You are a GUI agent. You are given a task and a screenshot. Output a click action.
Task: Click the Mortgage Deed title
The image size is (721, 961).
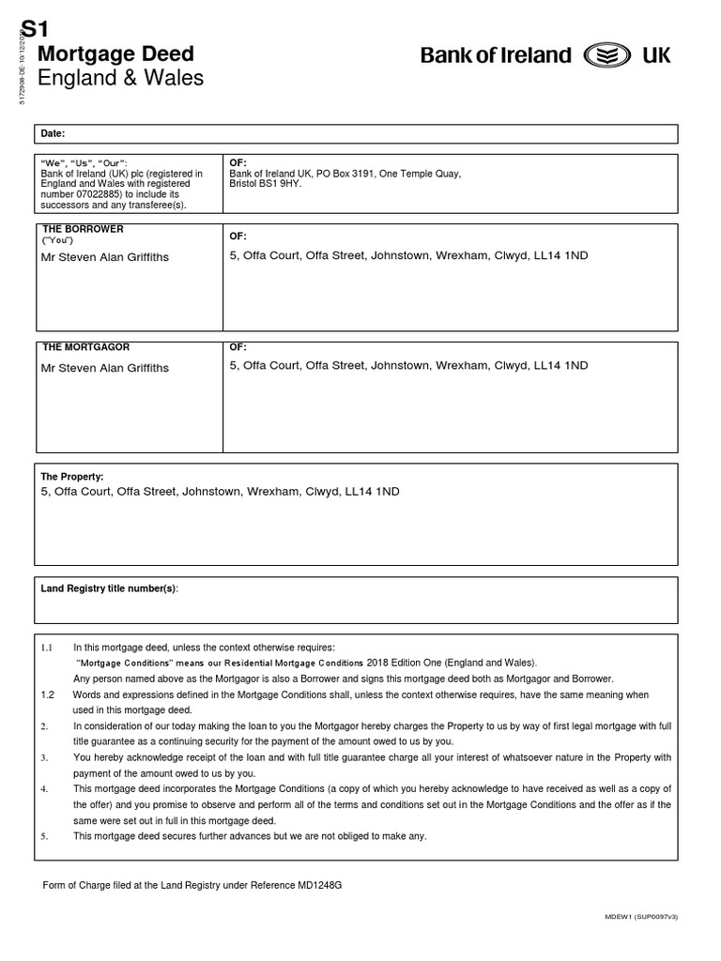tap(115, 53)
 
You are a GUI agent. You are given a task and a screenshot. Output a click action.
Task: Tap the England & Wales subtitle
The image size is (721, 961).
tap(120, 78)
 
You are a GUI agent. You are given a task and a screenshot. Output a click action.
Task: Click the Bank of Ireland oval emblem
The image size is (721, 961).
tap(606, 55)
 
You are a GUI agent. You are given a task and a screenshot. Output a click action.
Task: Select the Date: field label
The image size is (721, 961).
tap(53, 134)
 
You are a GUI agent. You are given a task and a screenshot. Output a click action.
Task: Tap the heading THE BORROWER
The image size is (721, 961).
tap(82, 229)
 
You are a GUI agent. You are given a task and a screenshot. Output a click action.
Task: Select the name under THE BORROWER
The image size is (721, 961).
tap(105, 257)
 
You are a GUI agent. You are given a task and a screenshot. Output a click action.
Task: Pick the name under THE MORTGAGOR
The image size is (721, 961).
tap(105, 368)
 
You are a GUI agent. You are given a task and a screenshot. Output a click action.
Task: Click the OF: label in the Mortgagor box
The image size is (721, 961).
tap(238, 347)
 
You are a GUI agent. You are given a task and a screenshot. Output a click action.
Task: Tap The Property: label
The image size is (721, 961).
tap(72, 477)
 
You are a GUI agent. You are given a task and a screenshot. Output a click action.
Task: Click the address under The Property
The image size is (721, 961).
tap(220, 491)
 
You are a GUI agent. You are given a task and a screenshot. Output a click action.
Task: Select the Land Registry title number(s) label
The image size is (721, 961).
tap(110, 587)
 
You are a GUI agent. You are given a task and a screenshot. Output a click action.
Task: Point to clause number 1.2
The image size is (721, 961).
tap(49, 694)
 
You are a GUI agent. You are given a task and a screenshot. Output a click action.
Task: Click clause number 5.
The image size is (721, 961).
tap(44, 835)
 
